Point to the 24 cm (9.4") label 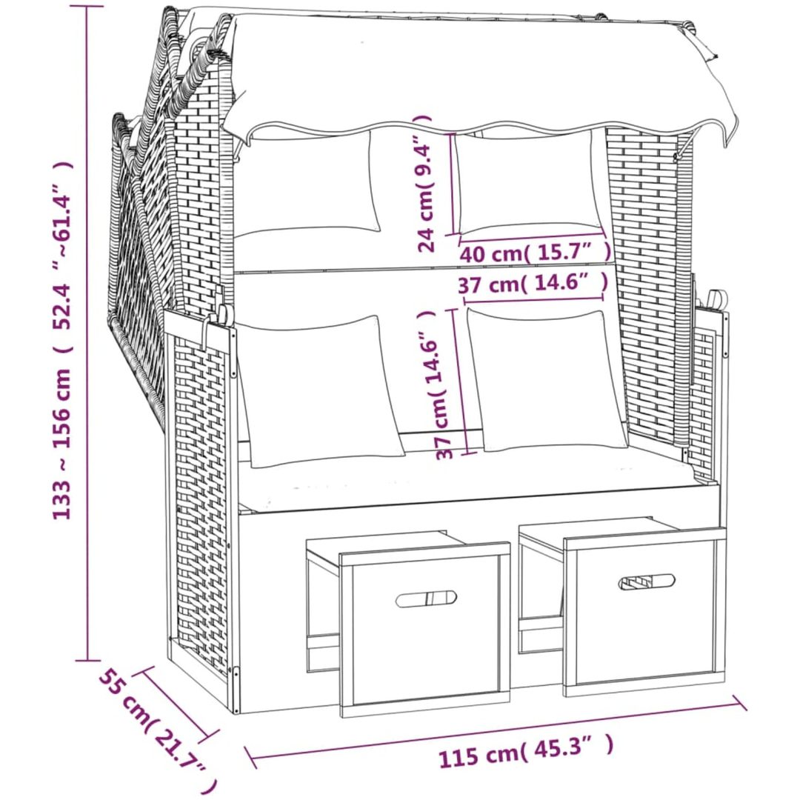(424, 184)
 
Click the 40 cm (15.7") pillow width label (536, 252)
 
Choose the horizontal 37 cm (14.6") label (533, 284)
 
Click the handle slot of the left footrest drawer (426, 599)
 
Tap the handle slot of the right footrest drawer (647, 582)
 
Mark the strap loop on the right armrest (716, 299)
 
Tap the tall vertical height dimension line (87, 333)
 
